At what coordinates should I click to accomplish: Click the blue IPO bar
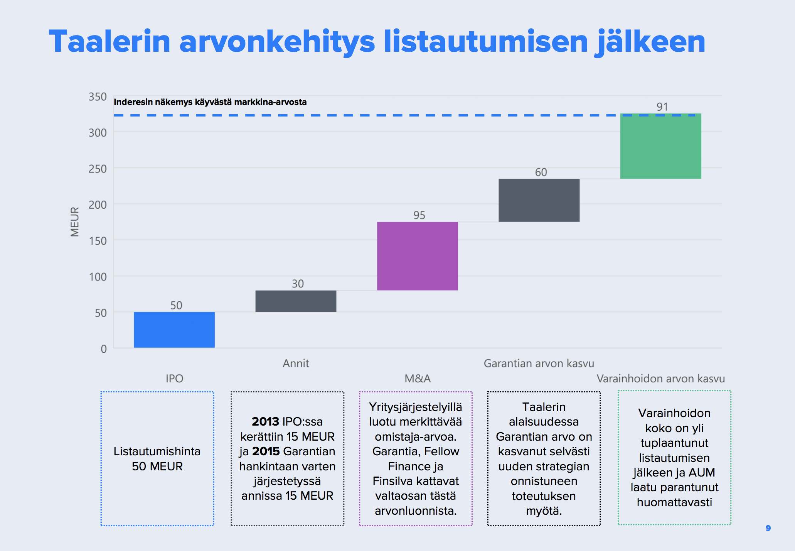pyautogui.click(x=174, y=330)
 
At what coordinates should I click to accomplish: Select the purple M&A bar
pyautogui.click(x=417, y=256)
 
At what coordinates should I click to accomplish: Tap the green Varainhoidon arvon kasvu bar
pyautogui.click(x=660, y=146)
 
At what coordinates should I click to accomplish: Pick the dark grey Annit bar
pyautogui.click(x=296, y=301)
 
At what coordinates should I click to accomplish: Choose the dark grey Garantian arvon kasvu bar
pyautogui.click(x=539, y=200)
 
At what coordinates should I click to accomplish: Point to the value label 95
pyautogui.click(x=419, y=215)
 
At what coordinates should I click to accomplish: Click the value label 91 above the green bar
pyautogui.click(x=662, y=107)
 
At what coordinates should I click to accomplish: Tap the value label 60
pyautogui.click(x=541, y=172)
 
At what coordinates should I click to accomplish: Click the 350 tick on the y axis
pyautogui.click(x=98, y=97)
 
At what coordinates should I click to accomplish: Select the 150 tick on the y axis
pyautogui.click(x=98, y=241)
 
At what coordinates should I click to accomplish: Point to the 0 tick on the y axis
pyautogui.click(x=104, y=349)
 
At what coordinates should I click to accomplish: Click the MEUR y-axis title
pyautogui.click(x=75, y=222)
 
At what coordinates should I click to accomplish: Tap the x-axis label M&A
pyautogui.click(x=418, y=379)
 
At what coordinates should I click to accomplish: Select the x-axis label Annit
pyautogui.click(x=296, y=363)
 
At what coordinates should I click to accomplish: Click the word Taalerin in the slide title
pyautogui.click(x=109, y=42)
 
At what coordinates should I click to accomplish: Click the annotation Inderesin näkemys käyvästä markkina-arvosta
pyautogui.click(x=210, y=102)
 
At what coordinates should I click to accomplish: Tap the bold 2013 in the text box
pyautogui.click(x=265, y=421)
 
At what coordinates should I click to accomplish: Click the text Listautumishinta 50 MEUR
pyautogui.click(x=157, y=459)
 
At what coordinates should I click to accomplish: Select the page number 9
pyautogui.click(x=768, y=528)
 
